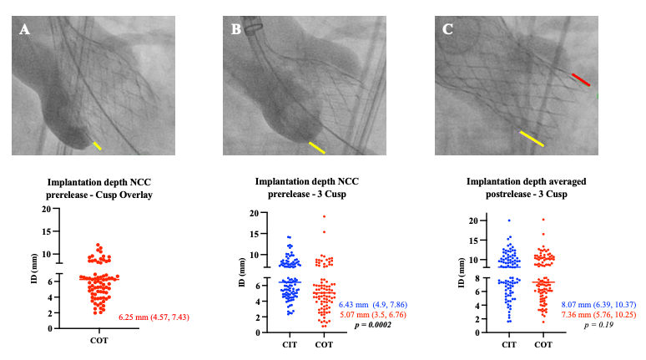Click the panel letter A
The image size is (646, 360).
pos(24,30)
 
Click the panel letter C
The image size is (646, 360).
pos(448,30)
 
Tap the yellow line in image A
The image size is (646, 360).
pos(98,146)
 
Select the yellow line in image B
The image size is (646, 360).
pos(317,148)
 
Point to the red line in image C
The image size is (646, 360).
pos(581,79)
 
